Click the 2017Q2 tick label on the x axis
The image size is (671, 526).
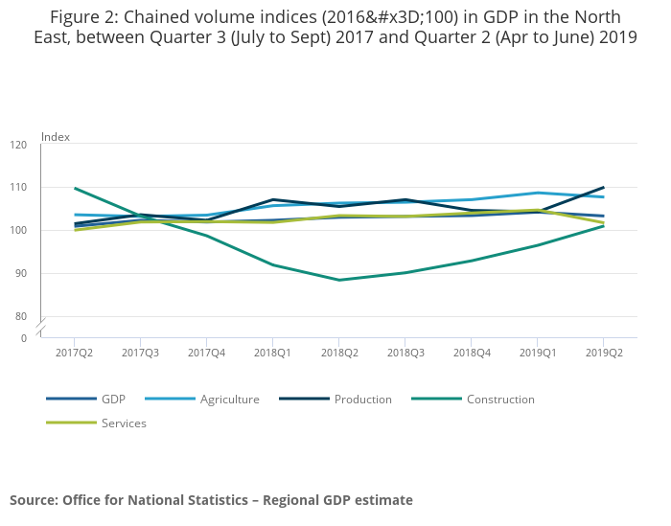point(74,354)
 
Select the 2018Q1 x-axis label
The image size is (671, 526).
point(273,354)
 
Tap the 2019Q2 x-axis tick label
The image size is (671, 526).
point(604,354)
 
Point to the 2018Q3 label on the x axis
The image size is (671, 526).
point(405,354)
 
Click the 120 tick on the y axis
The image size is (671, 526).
point(19,145)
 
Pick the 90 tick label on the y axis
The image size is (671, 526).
point(22,273)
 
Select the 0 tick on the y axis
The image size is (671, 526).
point(25,338)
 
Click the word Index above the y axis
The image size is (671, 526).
point(56,137)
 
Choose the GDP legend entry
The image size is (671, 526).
point(113,399)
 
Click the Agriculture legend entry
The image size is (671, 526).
point(229,399)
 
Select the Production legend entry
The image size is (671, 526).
point(362,399)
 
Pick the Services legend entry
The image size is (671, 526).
point(124,423)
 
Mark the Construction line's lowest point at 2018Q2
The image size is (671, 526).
point(339,280)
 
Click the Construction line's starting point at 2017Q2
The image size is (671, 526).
point(74,188)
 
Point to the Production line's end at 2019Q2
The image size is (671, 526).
point(604,187)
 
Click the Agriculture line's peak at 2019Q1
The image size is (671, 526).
point(538,193)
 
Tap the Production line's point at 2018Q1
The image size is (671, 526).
point(273,199)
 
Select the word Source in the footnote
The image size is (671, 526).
point(33,499)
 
